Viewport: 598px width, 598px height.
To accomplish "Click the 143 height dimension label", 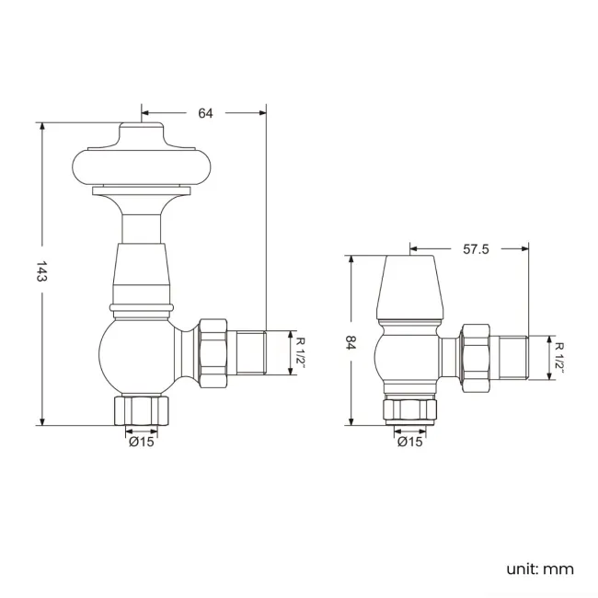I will coord(40,273).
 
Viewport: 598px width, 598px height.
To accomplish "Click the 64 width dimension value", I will coord(205,112).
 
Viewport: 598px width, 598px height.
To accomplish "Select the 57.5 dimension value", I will coord(475,247).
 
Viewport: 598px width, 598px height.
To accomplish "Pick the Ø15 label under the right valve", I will coord(409,442).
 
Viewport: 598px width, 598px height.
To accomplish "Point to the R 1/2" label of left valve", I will coord(300,351).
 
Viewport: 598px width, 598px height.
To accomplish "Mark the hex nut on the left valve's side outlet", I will coord(212,351).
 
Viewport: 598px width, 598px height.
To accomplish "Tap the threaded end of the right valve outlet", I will coord(511,358).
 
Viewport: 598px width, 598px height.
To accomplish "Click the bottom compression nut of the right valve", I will coord(409,411).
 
